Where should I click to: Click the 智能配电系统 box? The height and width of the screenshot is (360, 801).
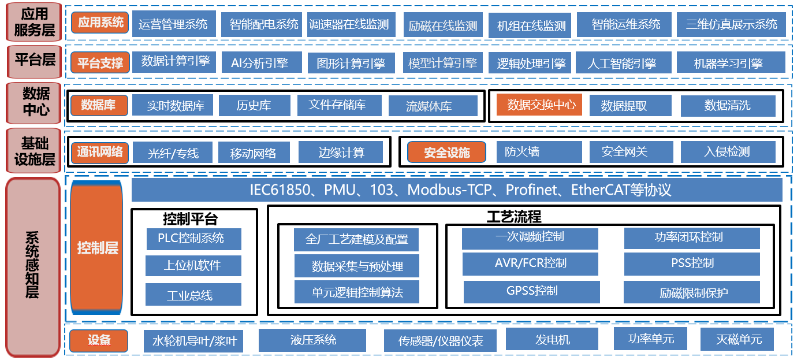263,24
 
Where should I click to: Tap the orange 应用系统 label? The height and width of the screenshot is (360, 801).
100,23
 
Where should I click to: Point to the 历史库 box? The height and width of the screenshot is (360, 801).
254,105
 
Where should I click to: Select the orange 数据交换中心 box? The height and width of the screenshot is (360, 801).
541,105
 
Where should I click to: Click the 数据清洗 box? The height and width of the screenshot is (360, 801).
727,106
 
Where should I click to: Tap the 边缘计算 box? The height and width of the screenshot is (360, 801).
341,153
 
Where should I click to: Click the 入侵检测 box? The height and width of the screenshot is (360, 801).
727,152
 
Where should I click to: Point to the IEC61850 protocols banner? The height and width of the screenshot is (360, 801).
457,190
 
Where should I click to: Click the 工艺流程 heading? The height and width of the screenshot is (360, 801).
513,217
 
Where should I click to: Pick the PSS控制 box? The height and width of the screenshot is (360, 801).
692,263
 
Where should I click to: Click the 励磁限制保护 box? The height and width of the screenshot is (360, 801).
692,292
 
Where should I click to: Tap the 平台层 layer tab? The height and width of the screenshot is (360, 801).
35,60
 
